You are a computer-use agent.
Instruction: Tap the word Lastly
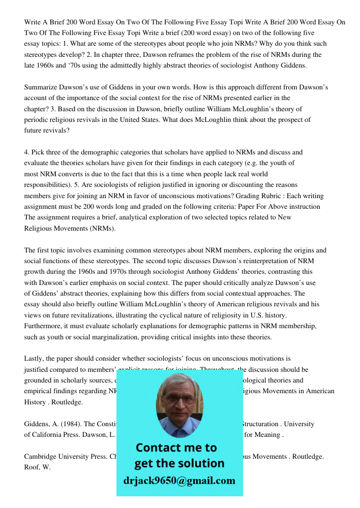35,359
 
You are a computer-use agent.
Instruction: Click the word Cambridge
41,457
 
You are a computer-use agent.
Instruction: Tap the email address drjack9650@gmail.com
179,481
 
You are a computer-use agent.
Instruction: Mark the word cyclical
177,315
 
